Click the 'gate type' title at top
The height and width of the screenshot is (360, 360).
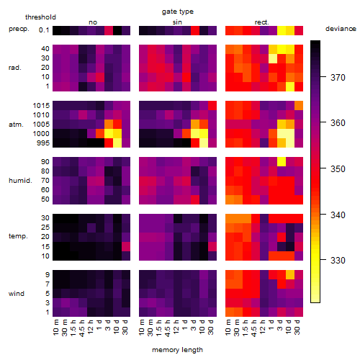[178, 12]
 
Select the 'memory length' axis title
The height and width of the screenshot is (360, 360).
[177, 350]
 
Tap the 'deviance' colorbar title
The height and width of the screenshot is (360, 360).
[341, 29]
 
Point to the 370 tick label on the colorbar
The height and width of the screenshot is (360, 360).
[338, 77]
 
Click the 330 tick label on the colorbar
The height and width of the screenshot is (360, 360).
[338, 260]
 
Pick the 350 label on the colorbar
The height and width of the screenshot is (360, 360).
[338, 168]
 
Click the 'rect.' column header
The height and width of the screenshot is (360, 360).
[261, 22]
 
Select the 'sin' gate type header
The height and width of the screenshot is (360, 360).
[177, 22]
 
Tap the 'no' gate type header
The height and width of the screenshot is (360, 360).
[93, 22]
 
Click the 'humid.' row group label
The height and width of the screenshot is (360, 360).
[20, 181]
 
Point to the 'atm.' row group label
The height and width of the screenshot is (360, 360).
[16, 125]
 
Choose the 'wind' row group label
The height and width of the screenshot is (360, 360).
[17, 293]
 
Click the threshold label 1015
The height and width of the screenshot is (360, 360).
[41, 106]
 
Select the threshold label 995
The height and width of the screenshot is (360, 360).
[43, 143]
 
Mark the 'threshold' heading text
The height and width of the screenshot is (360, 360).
[40, 17]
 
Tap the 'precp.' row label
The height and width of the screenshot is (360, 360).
[19, 29]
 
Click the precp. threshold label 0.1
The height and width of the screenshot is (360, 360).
[44, 30]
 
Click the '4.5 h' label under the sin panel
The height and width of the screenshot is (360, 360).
[168, 328]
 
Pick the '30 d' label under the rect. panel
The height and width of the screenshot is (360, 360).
[297, 327]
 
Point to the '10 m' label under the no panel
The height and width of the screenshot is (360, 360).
[55, 328]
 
